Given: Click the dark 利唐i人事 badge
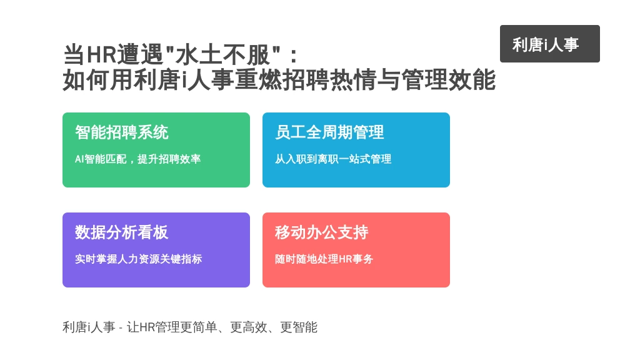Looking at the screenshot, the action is coord(550,44).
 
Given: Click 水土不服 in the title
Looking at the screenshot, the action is coord(222,55).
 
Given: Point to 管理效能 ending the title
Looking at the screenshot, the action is coord(449,79).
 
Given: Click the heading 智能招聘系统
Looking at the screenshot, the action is coord(122,132).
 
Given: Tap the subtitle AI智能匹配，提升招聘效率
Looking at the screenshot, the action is coord(137,159).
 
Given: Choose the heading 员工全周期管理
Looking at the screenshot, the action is coord(329,132).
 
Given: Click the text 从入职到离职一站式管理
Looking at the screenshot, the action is coord(333,159).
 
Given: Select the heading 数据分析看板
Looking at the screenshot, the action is coord(122,232).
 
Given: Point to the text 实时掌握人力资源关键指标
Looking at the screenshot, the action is coord(138,259).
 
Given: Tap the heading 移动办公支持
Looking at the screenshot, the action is coord(322,232).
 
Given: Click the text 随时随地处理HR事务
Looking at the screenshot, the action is coord(324,259).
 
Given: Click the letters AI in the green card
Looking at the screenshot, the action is coord(79,159).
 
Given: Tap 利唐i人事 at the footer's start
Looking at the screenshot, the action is coord(89,327).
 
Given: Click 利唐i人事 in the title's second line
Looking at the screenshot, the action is coord(183,79).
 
